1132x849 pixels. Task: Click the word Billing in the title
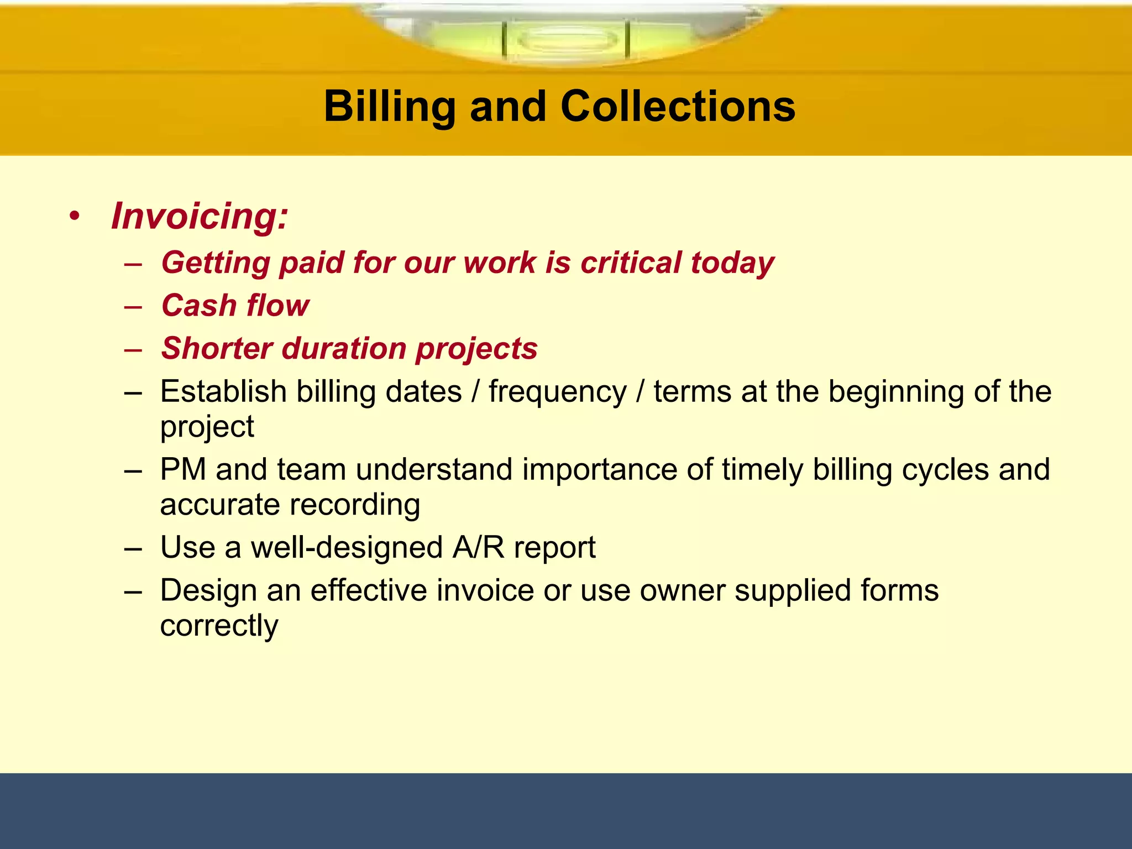coord(389,106)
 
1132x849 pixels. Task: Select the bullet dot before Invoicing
coord(75,216)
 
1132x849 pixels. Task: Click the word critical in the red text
coord(630,263)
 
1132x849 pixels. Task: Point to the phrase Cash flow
coord(235,306)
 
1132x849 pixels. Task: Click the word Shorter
coord(217,349)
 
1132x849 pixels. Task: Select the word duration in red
coord(344,349)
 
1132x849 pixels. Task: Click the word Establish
coord(223,392)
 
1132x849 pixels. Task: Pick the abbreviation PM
coord(183,470)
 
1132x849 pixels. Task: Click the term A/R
coord(478,548)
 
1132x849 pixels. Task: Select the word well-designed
coord(347,548)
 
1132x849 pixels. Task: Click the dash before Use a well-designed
coord(133,549)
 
